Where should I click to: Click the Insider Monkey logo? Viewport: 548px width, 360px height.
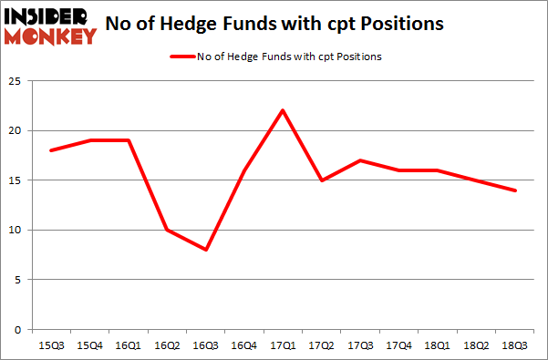tap(49, 26)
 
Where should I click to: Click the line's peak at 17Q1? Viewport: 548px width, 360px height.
tap(283, 111)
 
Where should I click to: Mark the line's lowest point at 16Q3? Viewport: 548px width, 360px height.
tap(205, 250)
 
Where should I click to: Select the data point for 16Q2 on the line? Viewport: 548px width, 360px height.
tap(167, 230)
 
